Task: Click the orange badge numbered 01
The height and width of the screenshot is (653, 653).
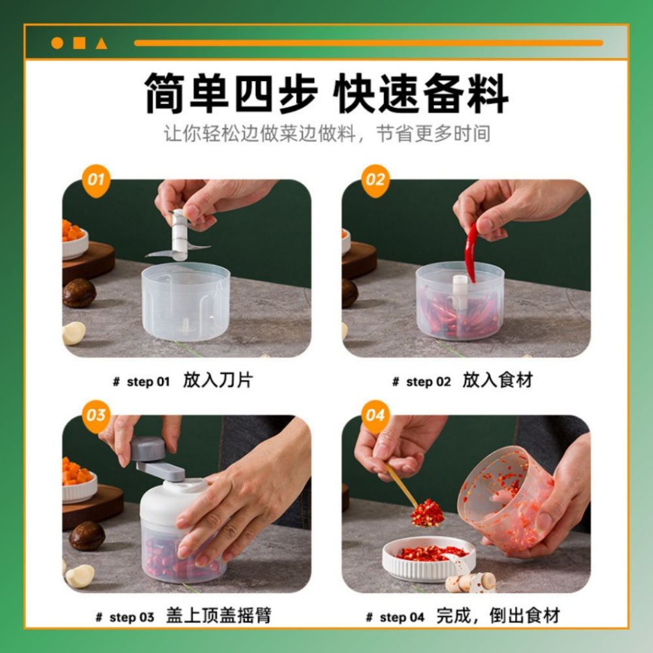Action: pyautogui.click(x=96, y=180)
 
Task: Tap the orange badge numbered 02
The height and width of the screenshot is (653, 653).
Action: pyautogui.click(x=375, y=180)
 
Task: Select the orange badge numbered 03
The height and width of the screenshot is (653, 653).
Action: pyautogui.click(x=96, y=415)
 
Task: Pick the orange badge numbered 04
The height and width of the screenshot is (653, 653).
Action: pyautogui.click(x=375, y=415)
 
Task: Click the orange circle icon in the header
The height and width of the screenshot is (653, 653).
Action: pyautogui.click(x=57, y=43)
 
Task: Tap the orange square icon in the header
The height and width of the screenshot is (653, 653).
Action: pyautogui.click(x=79, y=43)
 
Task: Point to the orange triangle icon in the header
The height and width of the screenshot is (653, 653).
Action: pyautogui.click(x=101, y=43)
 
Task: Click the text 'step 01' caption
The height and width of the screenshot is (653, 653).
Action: pyautogui.click(x=148, y=382)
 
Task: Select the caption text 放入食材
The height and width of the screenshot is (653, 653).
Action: pyautogui.click(x=498, y=380)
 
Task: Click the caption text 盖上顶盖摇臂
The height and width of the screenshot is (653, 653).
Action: pyautogui.click(x=219, y=616)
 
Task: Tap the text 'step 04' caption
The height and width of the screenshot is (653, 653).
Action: pyautogui.click(x=402, y=617)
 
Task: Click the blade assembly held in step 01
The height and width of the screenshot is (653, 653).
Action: pyautogui.click(x=179, y=238)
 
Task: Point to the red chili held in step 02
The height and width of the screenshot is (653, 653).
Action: pyautogui.click(x=471, y=253)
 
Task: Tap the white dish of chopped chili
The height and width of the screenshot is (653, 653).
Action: pyautogui.click(x=429, y=559)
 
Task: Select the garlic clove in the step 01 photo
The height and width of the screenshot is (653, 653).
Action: pyautogui.click(x=74, y=333)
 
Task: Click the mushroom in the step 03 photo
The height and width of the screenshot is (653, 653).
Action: pyautogui.click(x=87, y=536)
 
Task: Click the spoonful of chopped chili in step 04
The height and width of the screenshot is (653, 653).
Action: pyautogui.click(x=428, y=513)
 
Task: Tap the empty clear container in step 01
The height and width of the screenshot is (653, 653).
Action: pyautogui.click(x=185, y=302)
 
